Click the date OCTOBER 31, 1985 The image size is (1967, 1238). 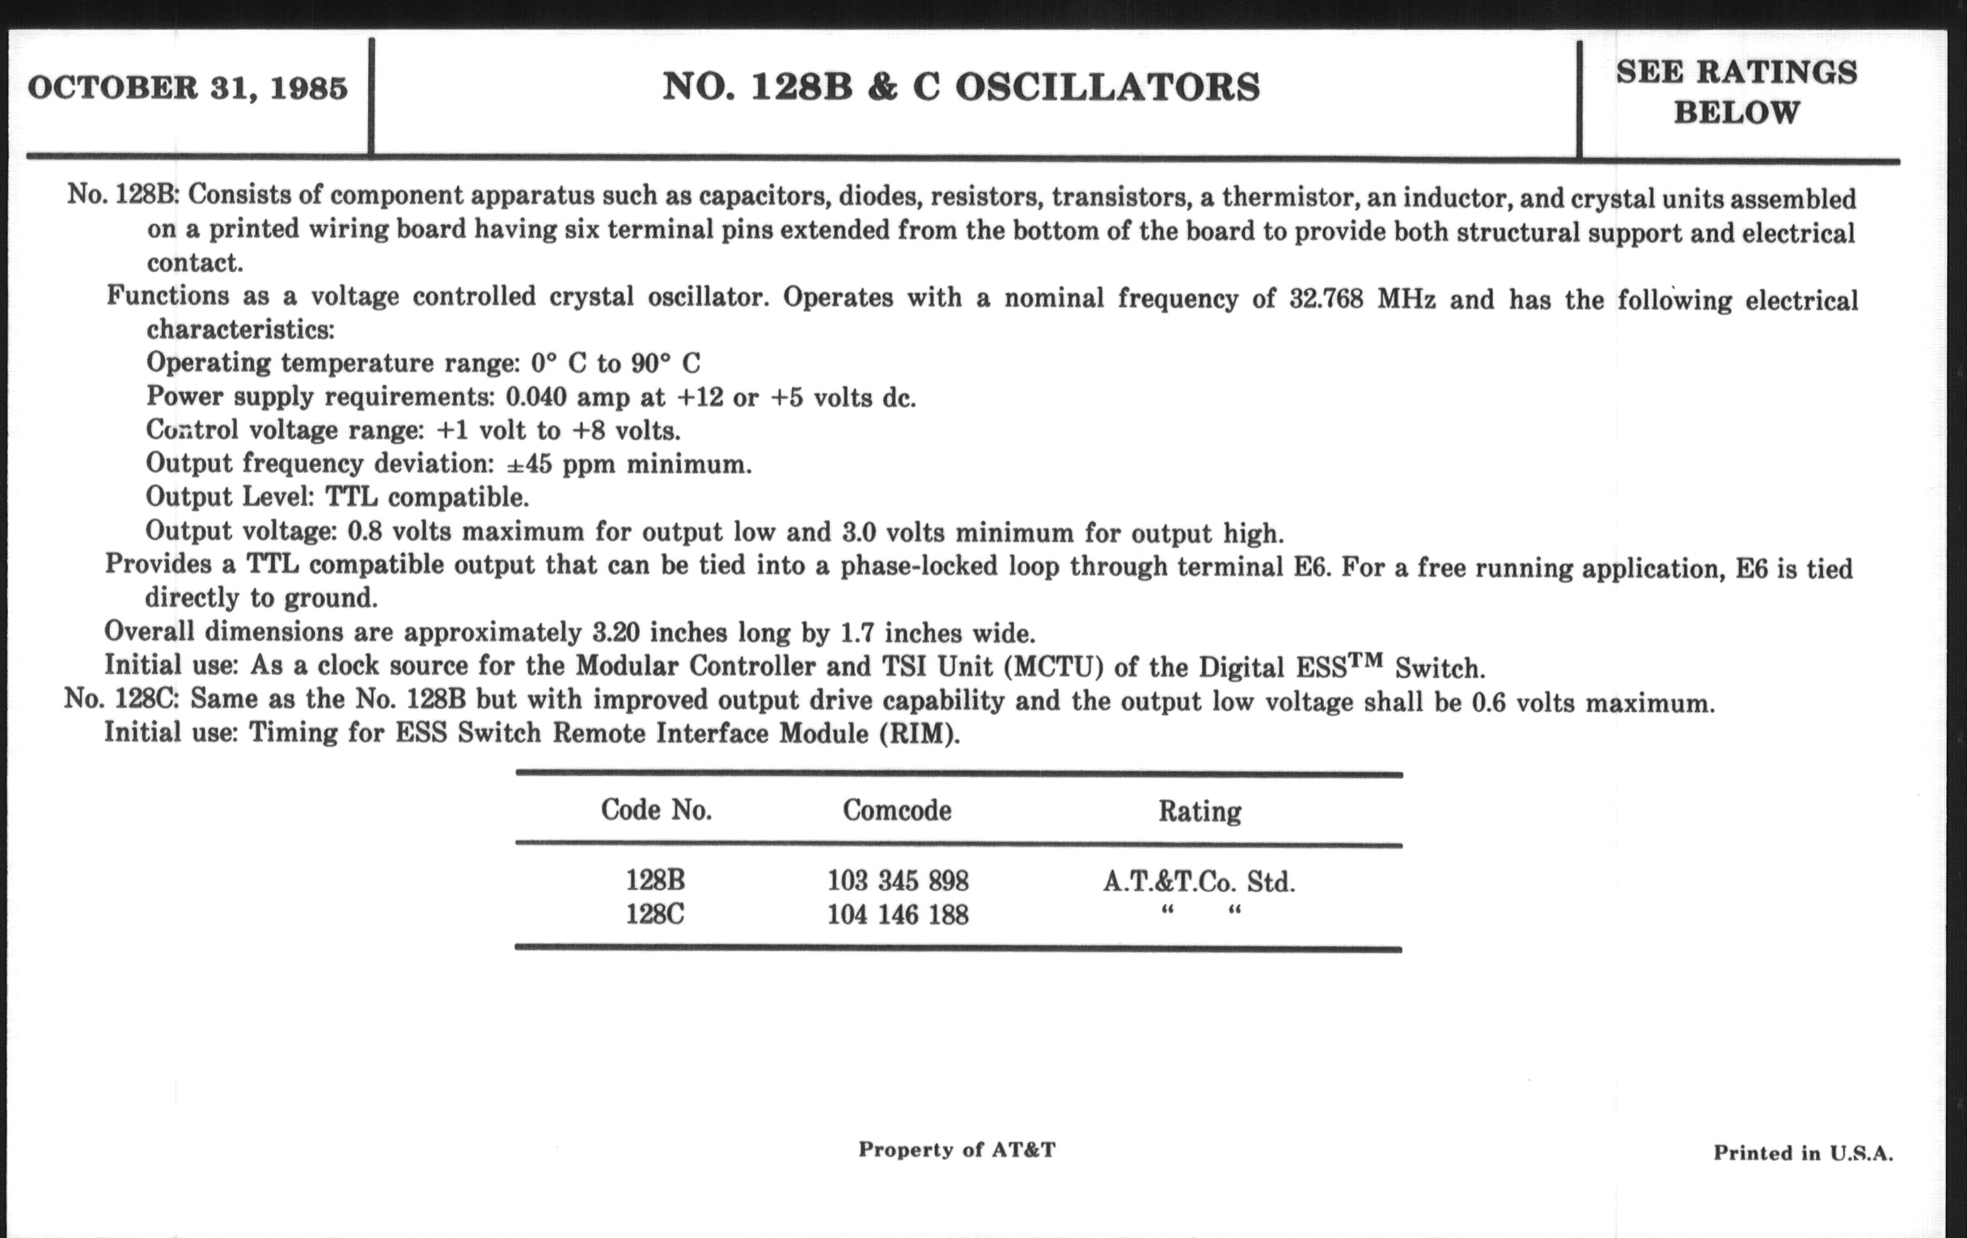188,88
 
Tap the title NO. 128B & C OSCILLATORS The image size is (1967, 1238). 961,87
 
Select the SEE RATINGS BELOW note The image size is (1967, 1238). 1736,92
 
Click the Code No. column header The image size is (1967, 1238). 656,810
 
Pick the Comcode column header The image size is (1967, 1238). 897,811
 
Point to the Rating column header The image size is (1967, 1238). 1199,812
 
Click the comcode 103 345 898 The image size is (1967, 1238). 898,881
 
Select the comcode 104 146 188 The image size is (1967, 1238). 898,914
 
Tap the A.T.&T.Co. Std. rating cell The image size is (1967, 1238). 1199,882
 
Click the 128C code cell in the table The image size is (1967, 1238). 655,914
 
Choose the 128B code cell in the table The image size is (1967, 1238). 655,881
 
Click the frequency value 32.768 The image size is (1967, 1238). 1326,299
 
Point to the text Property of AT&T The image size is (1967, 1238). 957,1150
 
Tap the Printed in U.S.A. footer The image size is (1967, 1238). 1803,1153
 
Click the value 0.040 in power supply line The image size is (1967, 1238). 536,397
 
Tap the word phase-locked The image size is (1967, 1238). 919,566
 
